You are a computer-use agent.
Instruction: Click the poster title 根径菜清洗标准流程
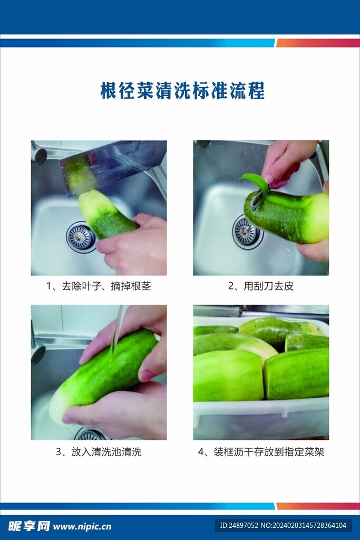182,91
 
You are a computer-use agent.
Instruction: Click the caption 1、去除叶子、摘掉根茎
99,286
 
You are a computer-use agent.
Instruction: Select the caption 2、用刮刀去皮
261,286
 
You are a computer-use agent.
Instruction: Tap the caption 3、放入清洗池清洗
99,451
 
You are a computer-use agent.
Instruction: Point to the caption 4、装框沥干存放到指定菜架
261,451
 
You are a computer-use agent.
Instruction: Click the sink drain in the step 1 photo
81,237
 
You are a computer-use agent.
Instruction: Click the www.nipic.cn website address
82,527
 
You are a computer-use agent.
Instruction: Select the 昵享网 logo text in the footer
30,526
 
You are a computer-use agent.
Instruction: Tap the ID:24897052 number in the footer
239,526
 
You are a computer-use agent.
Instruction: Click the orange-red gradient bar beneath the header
318,43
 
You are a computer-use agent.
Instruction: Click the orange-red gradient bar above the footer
318,506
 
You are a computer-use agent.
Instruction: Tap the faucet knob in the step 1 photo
40,156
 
